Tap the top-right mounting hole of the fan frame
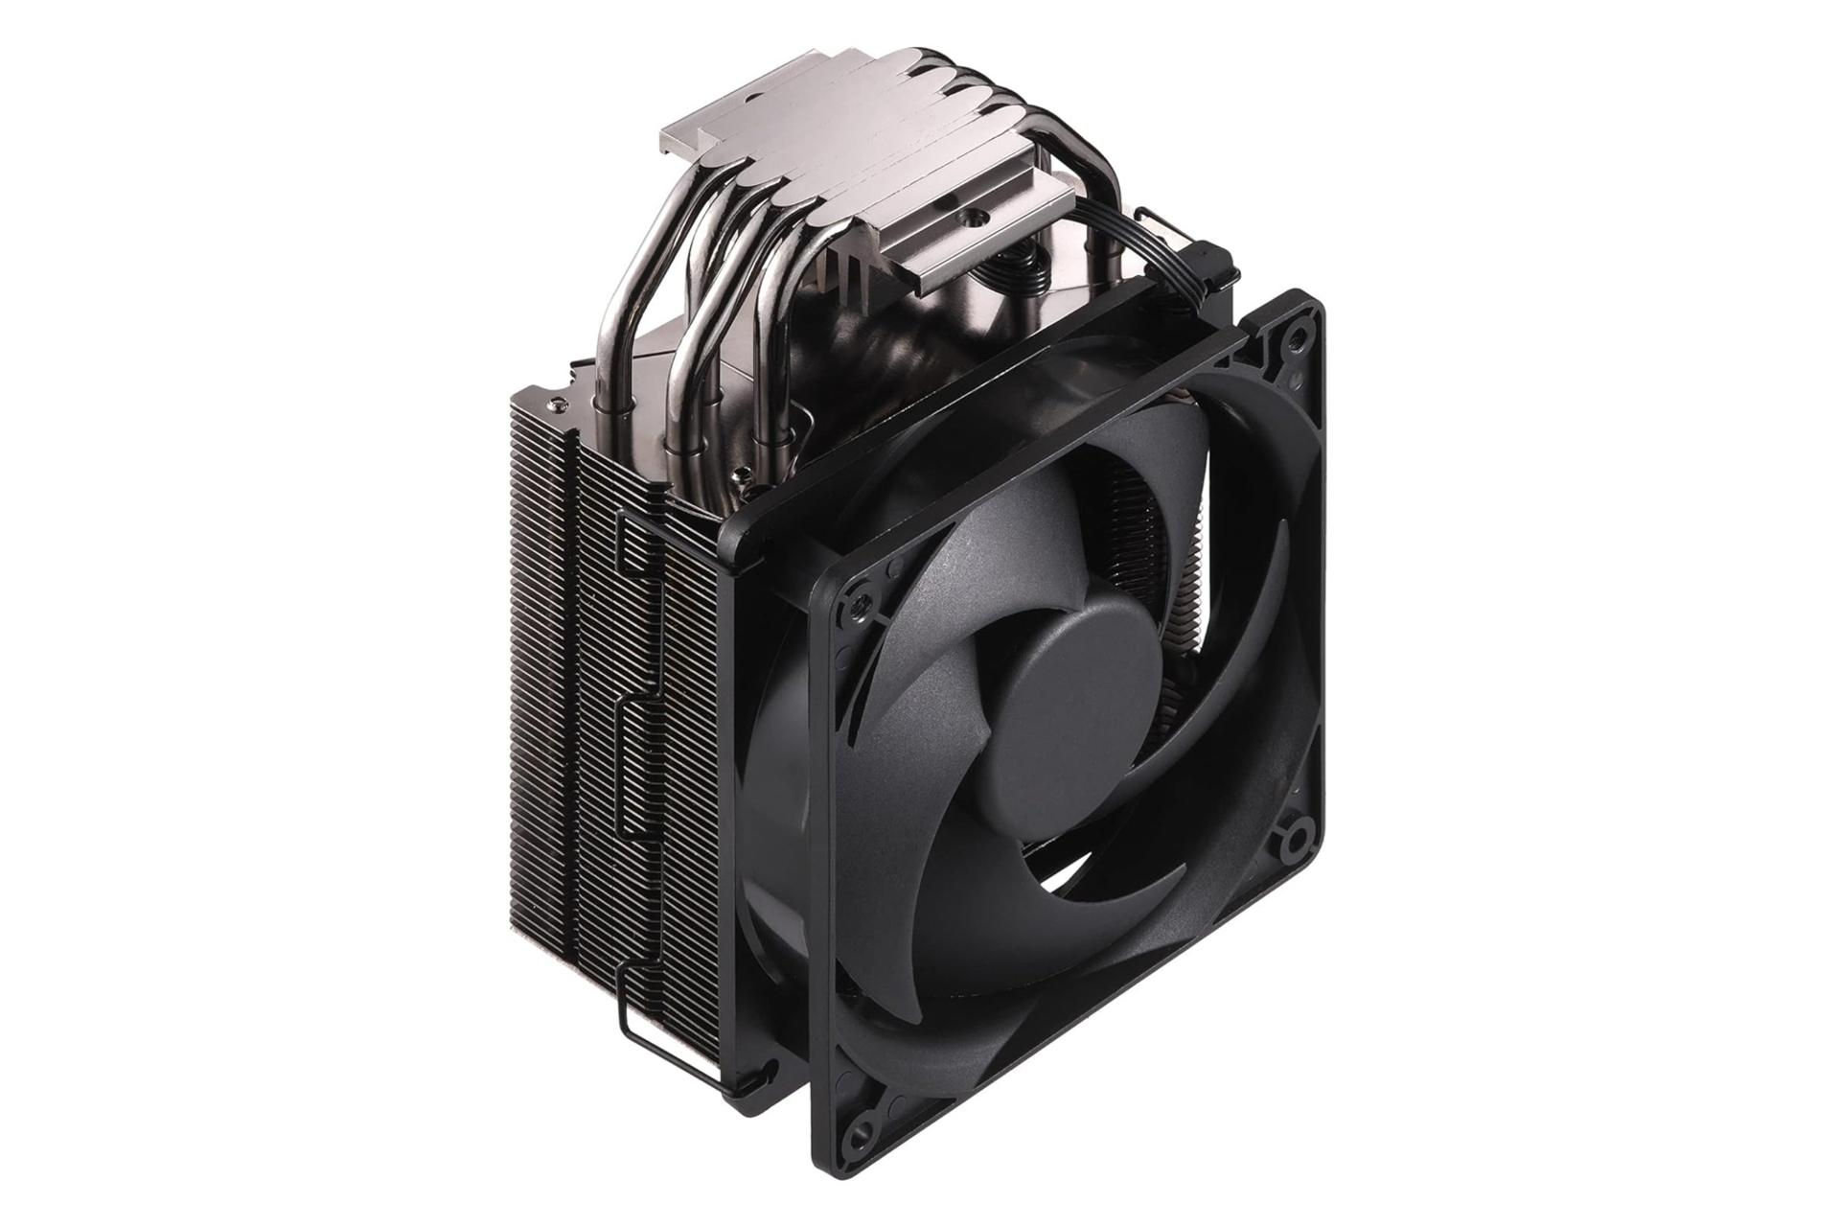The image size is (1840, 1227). [1298, 335]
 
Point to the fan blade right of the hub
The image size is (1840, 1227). [1236, 671]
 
